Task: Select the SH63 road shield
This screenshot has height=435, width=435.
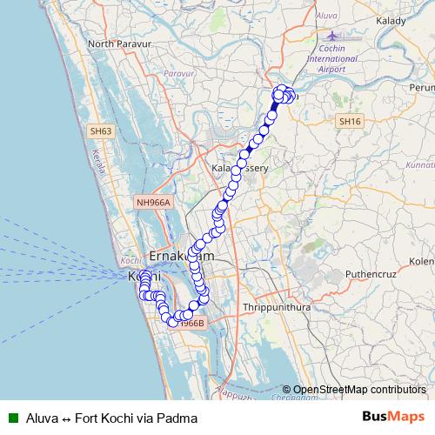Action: [101, 131]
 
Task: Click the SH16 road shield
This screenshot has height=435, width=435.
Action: [351, 122]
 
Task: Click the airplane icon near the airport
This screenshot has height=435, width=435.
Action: [333, 37]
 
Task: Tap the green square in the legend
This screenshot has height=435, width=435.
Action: [13, 418]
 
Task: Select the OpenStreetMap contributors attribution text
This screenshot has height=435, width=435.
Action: [359, 390]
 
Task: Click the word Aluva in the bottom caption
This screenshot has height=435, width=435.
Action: [43, 418]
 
